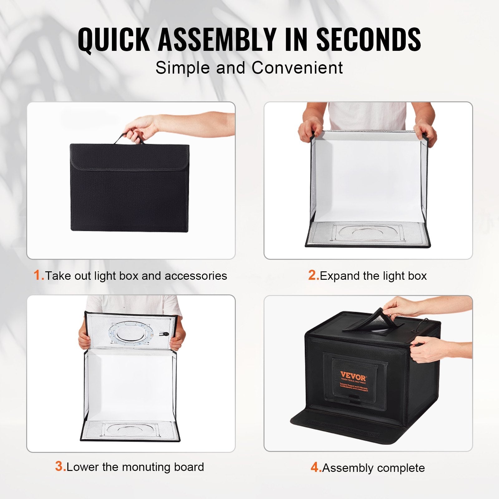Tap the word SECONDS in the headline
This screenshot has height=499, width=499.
[369, 40]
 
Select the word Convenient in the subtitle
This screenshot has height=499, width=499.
[297, 68]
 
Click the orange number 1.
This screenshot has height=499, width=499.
[39, 275]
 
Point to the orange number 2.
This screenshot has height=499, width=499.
[313, 275]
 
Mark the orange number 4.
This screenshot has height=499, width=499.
[316, 468]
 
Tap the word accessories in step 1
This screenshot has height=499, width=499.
[196, 276]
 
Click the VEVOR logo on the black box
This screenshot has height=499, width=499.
[353, 375]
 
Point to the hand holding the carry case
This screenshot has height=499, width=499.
[140, 126]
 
